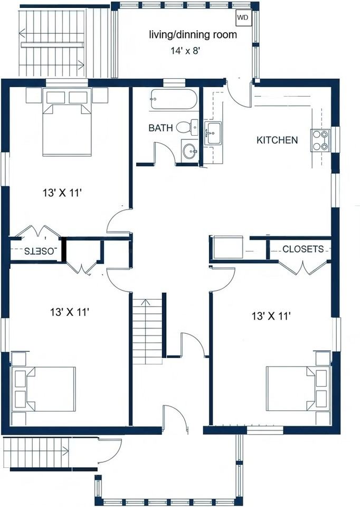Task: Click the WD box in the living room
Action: click(243, 18)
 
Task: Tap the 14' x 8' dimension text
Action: click(186, 51)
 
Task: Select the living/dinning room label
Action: click(193, 35)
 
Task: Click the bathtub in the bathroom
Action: click(174, 99)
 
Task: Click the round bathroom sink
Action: click(190, 151)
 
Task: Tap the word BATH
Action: click(160, 128)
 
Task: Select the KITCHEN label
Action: click(277, 140)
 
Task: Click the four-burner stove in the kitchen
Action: click(320, 140)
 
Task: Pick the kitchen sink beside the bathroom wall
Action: click(213, 133)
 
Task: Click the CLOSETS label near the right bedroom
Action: click(303, 249)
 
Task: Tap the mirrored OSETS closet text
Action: click(41, 251)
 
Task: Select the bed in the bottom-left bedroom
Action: click(44, 389)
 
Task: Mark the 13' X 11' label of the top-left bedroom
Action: click(62, 193)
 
